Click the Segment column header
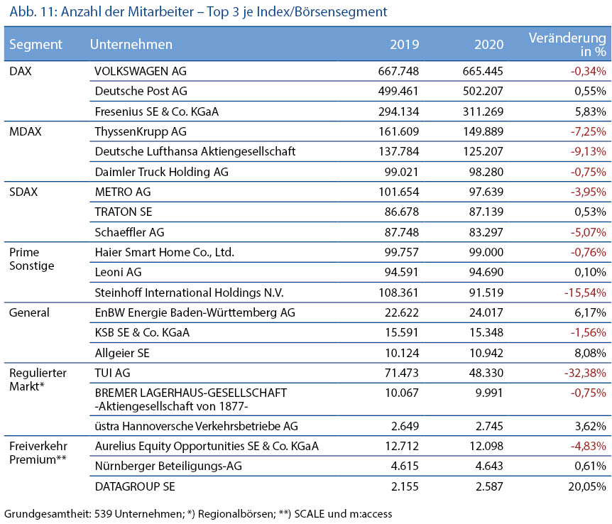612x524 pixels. coord(35,45)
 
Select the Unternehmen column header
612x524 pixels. coord(131,44)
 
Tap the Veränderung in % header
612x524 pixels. coord(567,44)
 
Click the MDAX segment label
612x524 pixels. coord(26,131)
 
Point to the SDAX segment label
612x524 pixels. coord(23,192)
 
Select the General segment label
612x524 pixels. coord(29,312)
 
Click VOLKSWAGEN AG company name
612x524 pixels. coord(141,71)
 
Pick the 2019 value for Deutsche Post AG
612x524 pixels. coord(398,91)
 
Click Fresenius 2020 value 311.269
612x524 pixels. coord(483,111)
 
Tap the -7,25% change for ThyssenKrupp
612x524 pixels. coord(588,131)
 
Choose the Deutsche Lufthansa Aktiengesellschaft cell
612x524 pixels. coord(195,151)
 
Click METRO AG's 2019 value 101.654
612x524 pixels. coord(398,192)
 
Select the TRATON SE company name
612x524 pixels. coord(124,212)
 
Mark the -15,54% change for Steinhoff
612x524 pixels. coord(585,293)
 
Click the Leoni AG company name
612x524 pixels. coord(119,272)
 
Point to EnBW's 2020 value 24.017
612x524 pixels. coord(486,312)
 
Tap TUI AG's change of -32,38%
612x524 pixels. coord(585,373)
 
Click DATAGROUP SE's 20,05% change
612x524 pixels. coord(587,486)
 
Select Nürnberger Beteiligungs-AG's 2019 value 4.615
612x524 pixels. coord(405,466)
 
